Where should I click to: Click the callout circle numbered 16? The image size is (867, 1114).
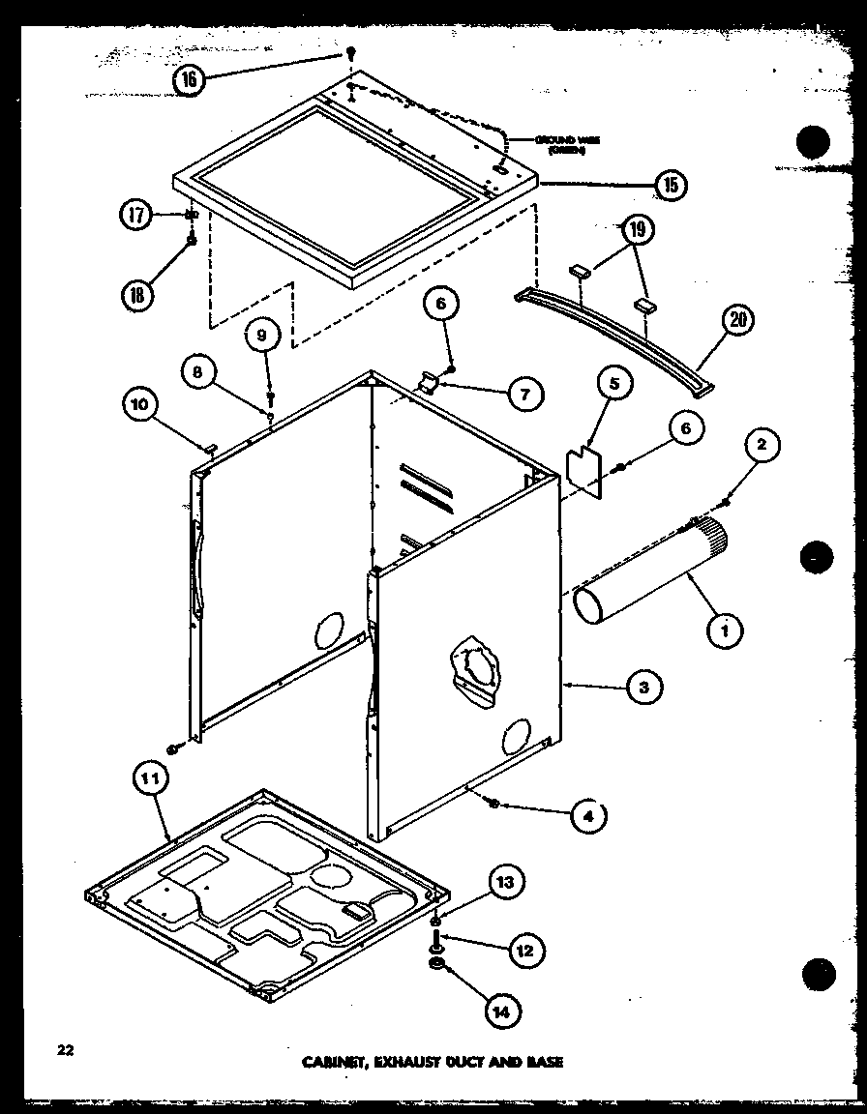click(x=190, y=79)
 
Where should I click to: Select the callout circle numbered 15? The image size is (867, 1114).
click(x=670, y=183)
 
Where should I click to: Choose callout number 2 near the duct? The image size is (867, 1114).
click(x=762, y=445)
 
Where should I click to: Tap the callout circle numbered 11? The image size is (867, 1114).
click(x=152, y=779)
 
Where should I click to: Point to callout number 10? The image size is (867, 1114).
click(x=141, y=404)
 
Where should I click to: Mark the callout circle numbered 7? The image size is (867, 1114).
click(x=525, y=394)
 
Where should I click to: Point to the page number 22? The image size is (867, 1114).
click(x=65, y=1048)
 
